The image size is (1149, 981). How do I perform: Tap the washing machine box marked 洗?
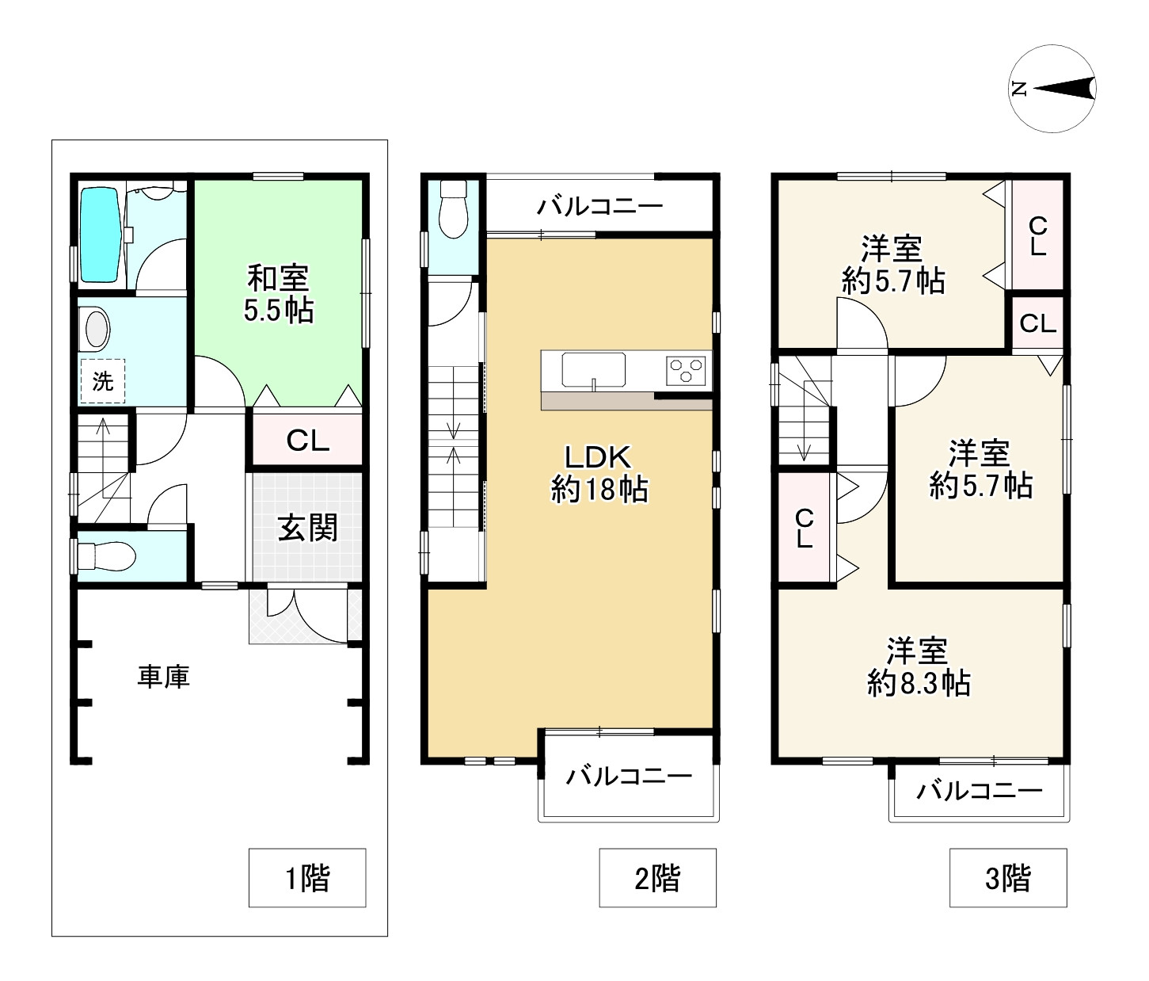103,381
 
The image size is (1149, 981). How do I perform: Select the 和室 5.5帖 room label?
279,294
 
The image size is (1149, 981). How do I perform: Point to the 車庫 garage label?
163,677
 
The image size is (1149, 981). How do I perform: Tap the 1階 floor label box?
307,877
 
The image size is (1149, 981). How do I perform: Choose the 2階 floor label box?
657,877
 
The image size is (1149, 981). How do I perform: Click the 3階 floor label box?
1008,877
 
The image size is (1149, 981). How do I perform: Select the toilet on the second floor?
453,208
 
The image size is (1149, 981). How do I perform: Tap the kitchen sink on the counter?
593,369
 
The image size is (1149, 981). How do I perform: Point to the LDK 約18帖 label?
599,474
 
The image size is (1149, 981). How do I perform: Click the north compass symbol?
1052,89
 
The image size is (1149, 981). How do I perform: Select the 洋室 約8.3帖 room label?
919,666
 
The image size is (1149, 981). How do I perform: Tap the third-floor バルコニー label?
979,791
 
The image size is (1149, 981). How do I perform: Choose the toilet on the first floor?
106,555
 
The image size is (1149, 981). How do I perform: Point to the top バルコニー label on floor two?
599,206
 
